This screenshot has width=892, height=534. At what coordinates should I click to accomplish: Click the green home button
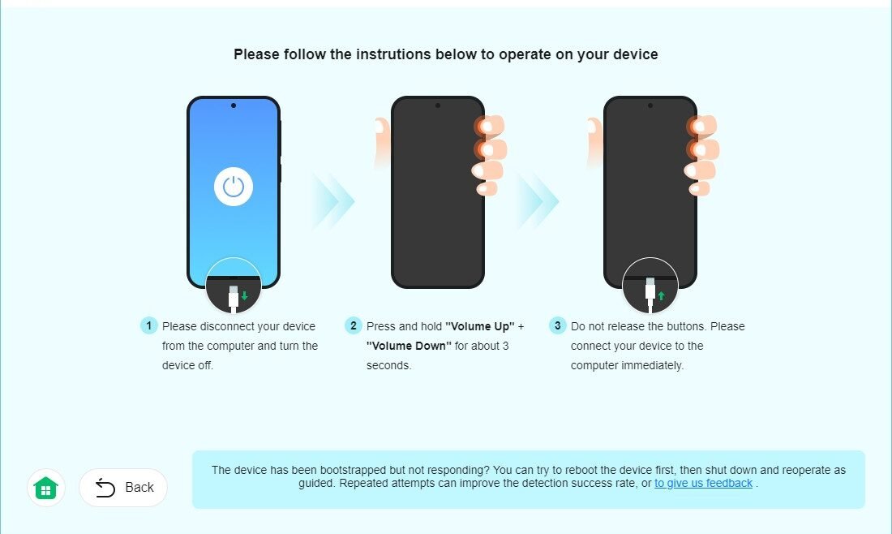point(46,488)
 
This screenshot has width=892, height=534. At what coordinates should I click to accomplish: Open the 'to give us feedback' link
point(703,484)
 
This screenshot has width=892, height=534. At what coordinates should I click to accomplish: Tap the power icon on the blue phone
point(234,187)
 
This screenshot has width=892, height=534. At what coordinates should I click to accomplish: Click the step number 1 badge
point(149,325)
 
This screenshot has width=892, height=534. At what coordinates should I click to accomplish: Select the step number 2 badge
point(354,325)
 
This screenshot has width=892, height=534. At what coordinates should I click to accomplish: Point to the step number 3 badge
point(558,325)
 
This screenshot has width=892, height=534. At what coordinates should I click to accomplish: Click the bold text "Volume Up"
point(479,327)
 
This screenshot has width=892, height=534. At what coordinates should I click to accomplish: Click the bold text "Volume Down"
point(409,347)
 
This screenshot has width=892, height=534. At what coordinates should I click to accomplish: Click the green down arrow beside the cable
point(245,296)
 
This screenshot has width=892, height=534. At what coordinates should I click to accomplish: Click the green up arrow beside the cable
point(661,296)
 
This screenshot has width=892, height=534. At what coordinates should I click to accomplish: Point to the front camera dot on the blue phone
point(234,106)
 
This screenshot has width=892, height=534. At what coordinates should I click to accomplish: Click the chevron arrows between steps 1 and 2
point(332,200)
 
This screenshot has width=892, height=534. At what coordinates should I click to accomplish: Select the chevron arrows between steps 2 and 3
point(538,200)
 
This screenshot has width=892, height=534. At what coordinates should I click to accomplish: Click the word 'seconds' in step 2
point(388,365)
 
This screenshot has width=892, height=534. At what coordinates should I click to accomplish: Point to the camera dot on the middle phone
point(437,106)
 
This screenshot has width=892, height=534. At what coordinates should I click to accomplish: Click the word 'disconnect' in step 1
point(227,327)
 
